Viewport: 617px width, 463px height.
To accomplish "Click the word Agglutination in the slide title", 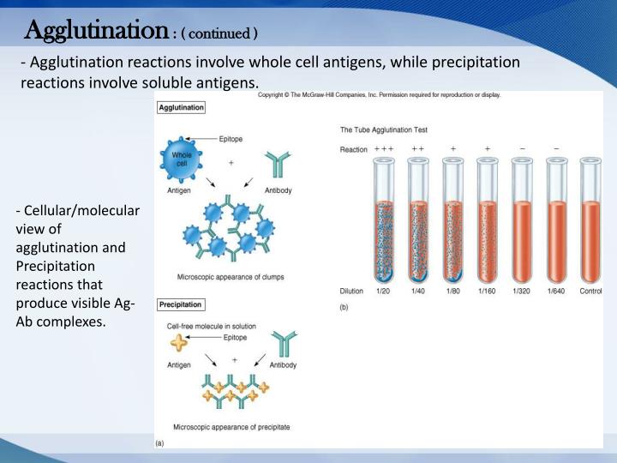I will (95, 32).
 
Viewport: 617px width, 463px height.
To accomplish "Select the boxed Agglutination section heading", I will (181, 108).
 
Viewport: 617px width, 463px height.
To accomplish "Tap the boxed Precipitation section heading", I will (181, 304).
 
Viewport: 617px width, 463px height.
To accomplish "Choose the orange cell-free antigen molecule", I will (180, 343).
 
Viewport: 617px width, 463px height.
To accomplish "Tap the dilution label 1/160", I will (487, 292).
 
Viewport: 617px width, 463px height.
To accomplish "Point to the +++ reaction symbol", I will (383, 149).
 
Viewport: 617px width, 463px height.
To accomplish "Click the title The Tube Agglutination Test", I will (384, 130).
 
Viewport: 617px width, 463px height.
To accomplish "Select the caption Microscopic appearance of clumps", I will (231, 277).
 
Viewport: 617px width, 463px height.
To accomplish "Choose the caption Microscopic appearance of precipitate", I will (231, 426).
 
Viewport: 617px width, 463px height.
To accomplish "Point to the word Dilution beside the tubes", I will (353, 292).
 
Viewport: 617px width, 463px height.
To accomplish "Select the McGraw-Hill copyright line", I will (380, 95).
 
